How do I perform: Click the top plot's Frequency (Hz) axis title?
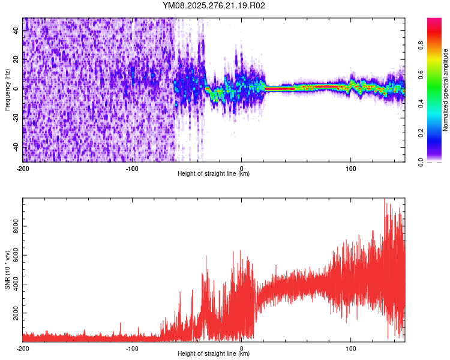click(x=7, y=91)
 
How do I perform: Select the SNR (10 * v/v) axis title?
click(x=7, y=270)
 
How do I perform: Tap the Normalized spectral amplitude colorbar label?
click(x=446, y=91)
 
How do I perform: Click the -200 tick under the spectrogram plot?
click(x=23, y=169)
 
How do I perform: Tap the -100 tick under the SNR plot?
click(x=132, y=348)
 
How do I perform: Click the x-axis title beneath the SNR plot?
click(x=214, y=354)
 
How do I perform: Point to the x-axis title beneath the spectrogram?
click(x=214, y=174)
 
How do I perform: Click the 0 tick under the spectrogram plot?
click(x=242, y=169)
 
